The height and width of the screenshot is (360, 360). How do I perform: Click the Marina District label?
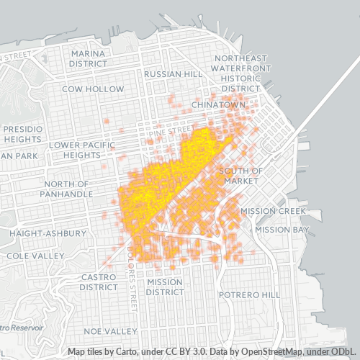(x=88, y=58)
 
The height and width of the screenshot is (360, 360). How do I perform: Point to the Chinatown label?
(x=219, y=104)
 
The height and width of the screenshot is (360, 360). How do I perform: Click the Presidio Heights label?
(x=23, y=134)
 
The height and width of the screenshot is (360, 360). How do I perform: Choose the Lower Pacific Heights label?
(x=81, y=150)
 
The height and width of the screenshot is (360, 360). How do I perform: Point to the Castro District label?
(x=99, y=282)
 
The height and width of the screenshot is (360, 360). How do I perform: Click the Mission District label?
(x=164, y=287)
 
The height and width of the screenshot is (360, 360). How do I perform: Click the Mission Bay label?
(x=282, y=230)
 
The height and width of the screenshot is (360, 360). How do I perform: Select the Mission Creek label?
(x=273, y=211)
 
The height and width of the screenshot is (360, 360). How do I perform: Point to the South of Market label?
(x=241, y=176)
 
